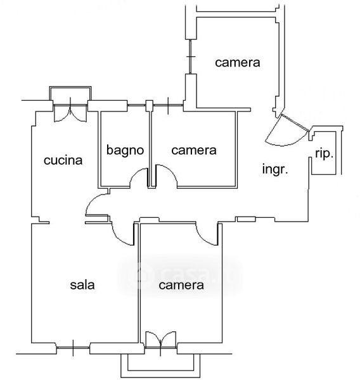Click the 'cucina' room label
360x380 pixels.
[x=63, y=160]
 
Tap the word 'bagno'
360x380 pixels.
[x=125, y=150]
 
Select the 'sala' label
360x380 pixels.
[x=82, y=285]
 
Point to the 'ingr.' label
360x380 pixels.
[x=275, y=169]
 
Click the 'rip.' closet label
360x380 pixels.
[x=324, y=154]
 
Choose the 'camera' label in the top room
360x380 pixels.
[x=238, y=63]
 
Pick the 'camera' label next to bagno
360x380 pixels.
[x=194, y=150]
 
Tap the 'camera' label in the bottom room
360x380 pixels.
[x=181, y=285]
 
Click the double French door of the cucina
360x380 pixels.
[x=70, y=113]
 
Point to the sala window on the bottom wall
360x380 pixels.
[x=73, y=348]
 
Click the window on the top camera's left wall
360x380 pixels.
[x=190, y=57]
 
